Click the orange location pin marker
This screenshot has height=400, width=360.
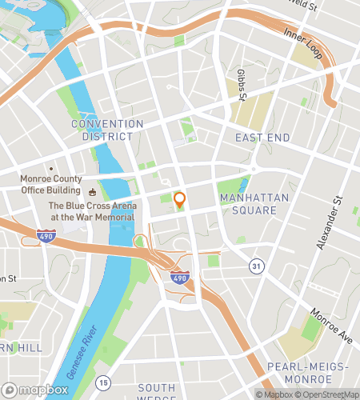coord(180,201)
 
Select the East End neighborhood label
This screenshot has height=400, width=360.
coord(261,138)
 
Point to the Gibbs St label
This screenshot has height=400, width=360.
coord(241,81)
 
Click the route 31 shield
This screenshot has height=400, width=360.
coord(255,266)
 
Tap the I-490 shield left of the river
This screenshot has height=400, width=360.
coord(46,236)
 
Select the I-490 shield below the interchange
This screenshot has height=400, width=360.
coord(179,277)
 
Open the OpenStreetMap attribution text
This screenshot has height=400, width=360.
coord(326,394)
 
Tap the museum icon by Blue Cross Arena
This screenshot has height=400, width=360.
coord(92,192)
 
